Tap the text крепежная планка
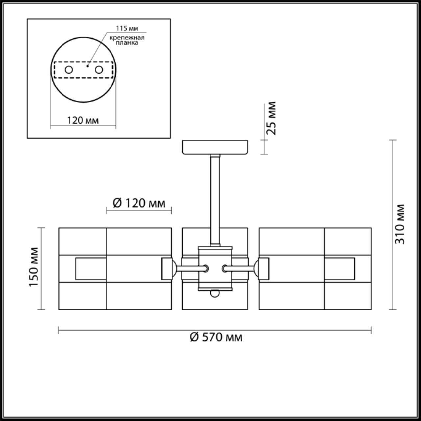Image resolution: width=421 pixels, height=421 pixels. click(127, 40)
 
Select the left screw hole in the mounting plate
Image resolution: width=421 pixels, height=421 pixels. click(69, 70)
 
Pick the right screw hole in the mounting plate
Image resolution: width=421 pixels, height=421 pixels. click(99, 70)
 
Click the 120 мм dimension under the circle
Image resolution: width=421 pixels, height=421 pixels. click(83, 120)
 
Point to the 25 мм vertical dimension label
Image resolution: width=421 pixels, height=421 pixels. click(271, 118)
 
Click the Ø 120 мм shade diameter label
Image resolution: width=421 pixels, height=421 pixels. click(139, 203)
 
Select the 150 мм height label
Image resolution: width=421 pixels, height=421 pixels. click(34, 267)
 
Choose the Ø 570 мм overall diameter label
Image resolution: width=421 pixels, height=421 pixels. click(216, 337)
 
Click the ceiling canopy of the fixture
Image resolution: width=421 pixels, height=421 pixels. click(215, 147)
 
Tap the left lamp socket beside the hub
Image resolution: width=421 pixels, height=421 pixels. click(168, 269)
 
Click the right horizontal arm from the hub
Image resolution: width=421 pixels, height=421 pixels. click(239, 269)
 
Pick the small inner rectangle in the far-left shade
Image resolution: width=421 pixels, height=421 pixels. click(91, 268)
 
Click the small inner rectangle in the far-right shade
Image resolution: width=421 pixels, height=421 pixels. click(339, 268)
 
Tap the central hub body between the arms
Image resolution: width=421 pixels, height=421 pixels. click(215, 268)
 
